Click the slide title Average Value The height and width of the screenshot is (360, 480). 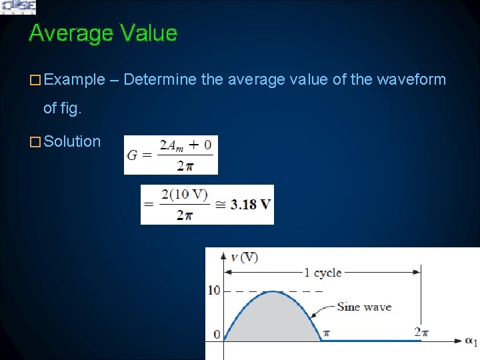pyautogui.click(x=103, y=33)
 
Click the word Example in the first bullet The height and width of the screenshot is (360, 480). pyautogui.click(x=74, y=80)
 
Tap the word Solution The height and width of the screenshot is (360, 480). pyautogui.click(x=72, y=141)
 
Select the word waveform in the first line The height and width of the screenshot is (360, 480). pyautogui.click(x=411, y=80)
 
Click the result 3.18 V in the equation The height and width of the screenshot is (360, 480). pyautogui.click(x=251, y=204)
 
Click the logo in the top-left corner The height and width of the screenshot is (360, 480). pyautogui.click(x=19, y=7)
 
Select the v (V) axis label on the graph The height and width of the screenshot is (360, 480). pyautogui.click(x=244, y=257)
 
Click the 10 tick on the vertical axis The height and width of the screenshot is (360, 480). pyautogui.click(x=213, y=290)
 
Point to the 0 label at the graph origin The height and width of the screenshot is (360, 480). pyautogui.click(x=216, y=334)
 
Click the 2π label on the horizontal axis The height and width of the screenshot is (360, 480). pyautogui.click(x=421, y=332)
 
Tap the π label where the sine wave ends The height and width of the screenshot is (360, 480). pyautogui.click(x=327, y=333)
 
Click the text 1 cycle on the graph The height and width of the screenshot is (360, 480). pyautogui.click(x=323, y=272)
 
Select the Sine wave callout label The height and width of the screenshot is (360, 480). pyautogui.click(x=364, y=307)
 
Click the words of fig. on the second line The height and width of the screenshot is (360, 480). pyautogui.click(x=62, y=107)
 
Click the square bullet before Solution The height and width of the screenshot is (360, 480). pyautogui.click(x=35, y=142)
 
